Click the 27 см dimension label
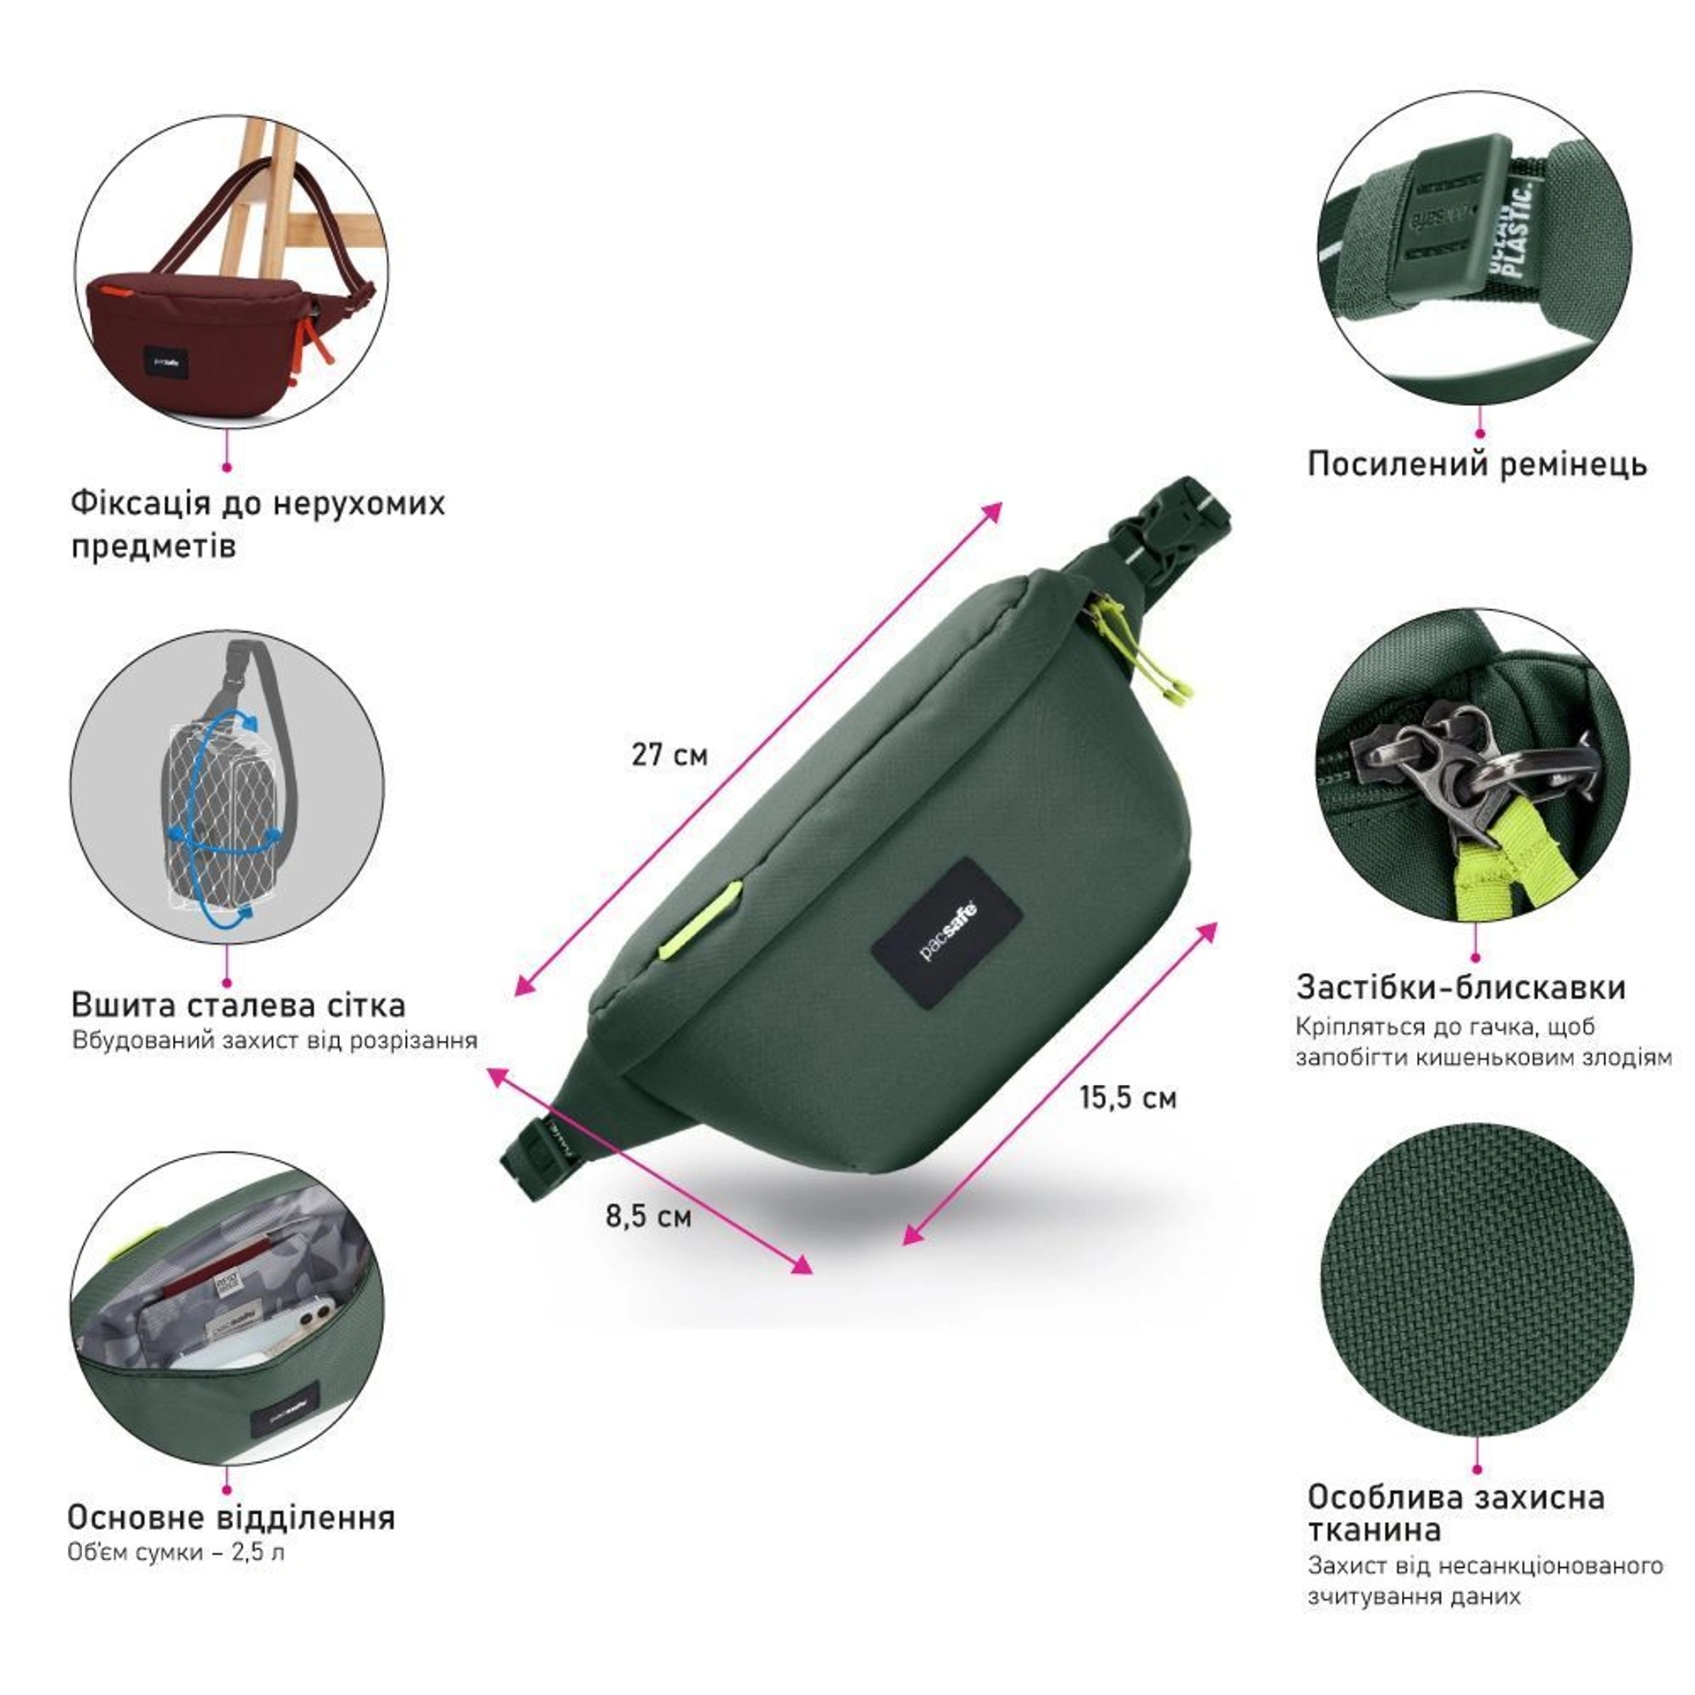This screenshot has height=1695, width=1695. pos(669,755)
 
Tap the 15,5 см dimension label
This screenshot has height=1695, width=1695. pos(1128,1097)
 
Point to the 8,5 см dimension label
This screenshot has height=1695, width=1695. pos(648,1217)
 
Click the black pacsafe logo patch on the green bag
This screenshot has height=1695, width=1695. pos(947,934)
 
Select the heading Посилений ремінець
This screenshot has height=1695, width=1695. pos(1477,463)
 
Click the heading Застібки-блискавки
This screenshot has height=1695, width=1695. pos(1460,987)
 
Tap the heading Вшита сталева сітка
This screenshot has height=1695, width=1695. pos(238,1005)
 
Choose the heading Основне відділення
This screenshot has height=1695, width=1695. pos(231,1517)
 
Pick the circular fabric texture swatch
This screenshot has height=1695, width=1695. pos(1477,1279)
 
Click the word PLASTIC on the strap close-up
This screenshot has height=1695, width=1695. pos(1523,231)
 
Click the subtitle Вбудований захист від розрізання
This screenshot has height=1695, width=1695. pos(275,1039)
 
